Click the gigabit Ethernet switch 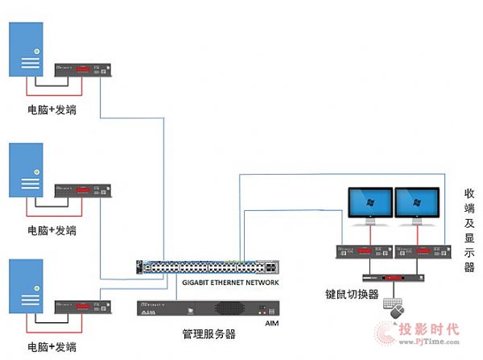click(208, 267)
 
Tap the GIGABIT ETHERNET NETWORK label click(232, 283)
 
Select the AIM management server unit click(208, 308)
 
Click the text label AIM click(271, 322)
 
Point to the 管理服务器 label click(208, 333)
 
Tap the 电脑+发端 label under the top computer click(52, 110)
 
